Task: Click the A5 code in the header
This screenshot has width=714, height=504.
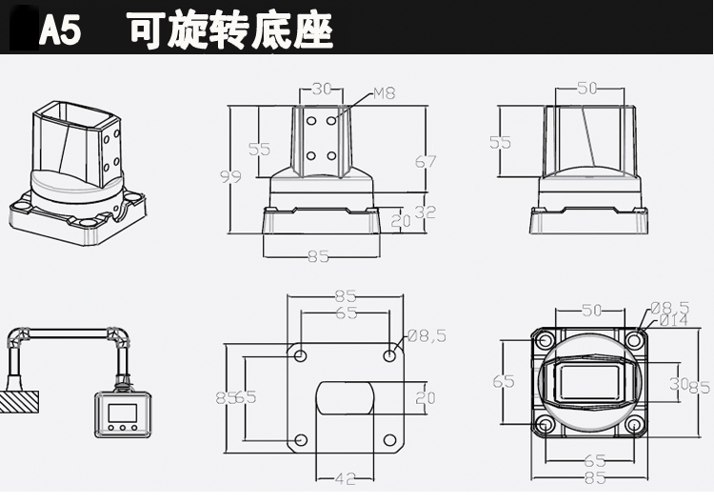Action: (x=60, y=30)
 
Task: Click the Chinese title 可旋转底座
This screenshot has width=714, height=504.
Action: (x=230, y=30)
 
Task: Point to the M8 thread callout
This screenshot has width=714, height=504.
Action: (x=384, y=93)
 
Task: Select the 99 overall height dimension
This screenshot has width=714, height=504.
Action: (x=229, y=176)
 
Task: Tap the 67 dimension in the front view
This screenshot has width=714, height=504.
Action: (x=426, y=162)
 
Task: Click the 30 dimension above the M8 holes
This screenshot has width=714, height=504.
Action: (x=321, y=90)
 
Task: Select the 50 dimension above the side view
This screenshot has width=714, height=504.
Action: (x=587, y=89)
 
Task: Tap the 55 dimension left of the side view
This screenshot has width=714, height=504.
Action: (x=500, y=143)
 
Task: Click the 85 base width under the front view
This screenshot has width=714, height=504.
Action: (x=319, y=255)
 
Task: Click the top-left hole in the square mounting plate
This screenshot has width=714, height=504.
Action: (x=301, y=355)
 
